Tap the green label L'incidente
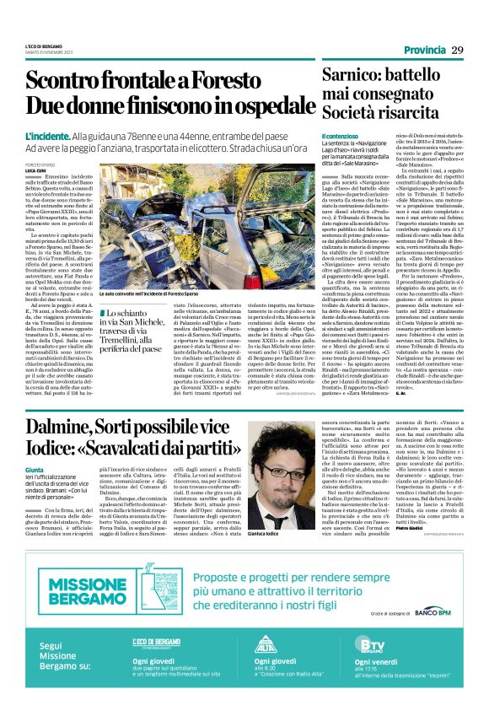(x=48, y=135)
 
